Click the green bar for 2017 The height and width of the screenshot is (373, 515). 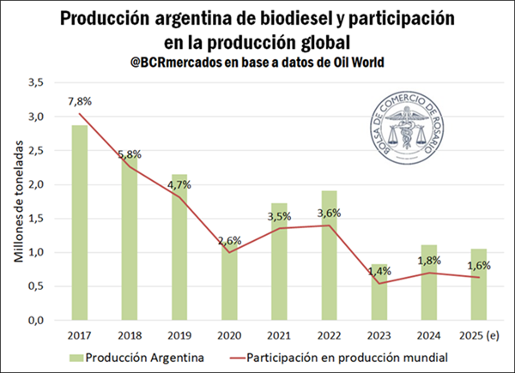79,223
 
